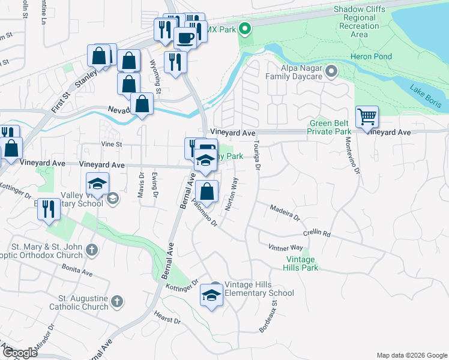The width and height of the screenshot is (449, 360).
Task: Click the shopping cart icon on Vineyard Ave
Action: [367, 116]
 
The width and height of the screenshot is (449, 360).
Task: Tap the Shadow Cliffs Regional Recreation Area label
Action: [359, 22]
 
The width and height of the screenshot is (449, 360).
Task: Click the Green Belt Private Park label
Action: [330, 127]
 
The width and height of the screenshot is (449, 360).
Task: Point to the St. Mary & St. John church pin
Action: [92, 249]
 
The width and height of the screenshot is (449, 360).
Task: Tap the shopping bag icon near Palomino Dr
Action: [206, 192]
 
